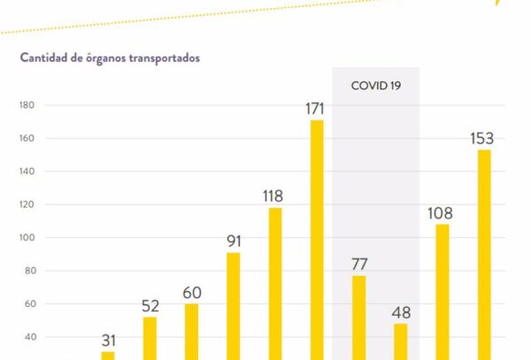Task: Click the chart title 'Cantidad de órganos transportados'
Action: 110,58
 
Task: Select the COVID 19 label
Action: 375,86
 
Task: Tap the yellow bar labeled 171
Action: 317,239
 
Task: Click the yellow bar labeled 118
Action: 275,283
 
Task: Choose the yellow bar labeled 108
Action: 442,291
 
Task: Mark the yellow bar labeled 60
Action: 191,331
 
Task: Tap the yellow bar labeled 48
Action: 400,341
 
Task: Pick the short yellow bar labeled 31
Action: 108,355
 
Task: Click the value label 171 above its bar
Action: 314,110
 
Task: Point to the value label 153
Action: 482,139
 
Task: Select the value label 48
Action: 400,313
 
